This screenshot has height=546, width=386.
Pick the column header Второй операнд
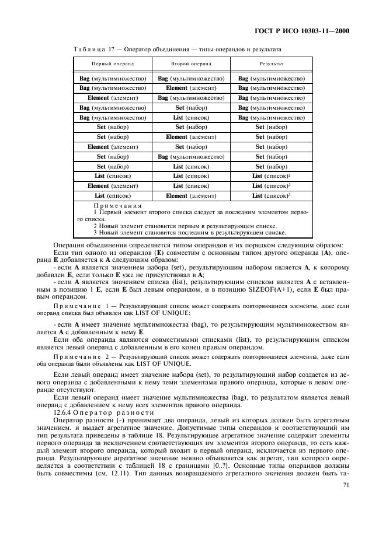pyautogui.click(x=191, y=62)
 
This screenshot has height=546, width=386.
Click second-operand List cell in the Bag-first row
pyautogui.click(x=191, y=117)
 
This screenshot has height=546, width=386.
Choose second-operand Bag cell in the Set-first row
pyautogui.click(x=191, y=156)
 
